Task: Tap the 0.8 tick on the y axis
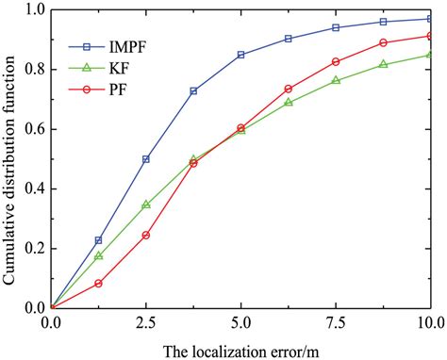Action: tap(34, 69)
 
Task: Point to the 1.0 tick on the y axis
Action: tap(34, 9)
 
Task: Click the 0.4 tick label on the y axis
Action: tap(34, 188)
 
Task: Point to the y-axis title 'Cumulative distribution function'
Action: tap(10, 158)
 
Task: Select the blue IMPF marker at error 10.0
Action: tap(430, 19)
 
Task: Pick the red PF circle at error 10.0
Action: tap(430, 36)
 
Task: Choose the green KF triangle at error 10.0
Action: tap(430, 54)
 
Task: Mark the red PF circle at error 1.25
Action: tap(99, 283)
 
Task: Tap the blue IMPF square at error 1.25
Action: tap(99, 240)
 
